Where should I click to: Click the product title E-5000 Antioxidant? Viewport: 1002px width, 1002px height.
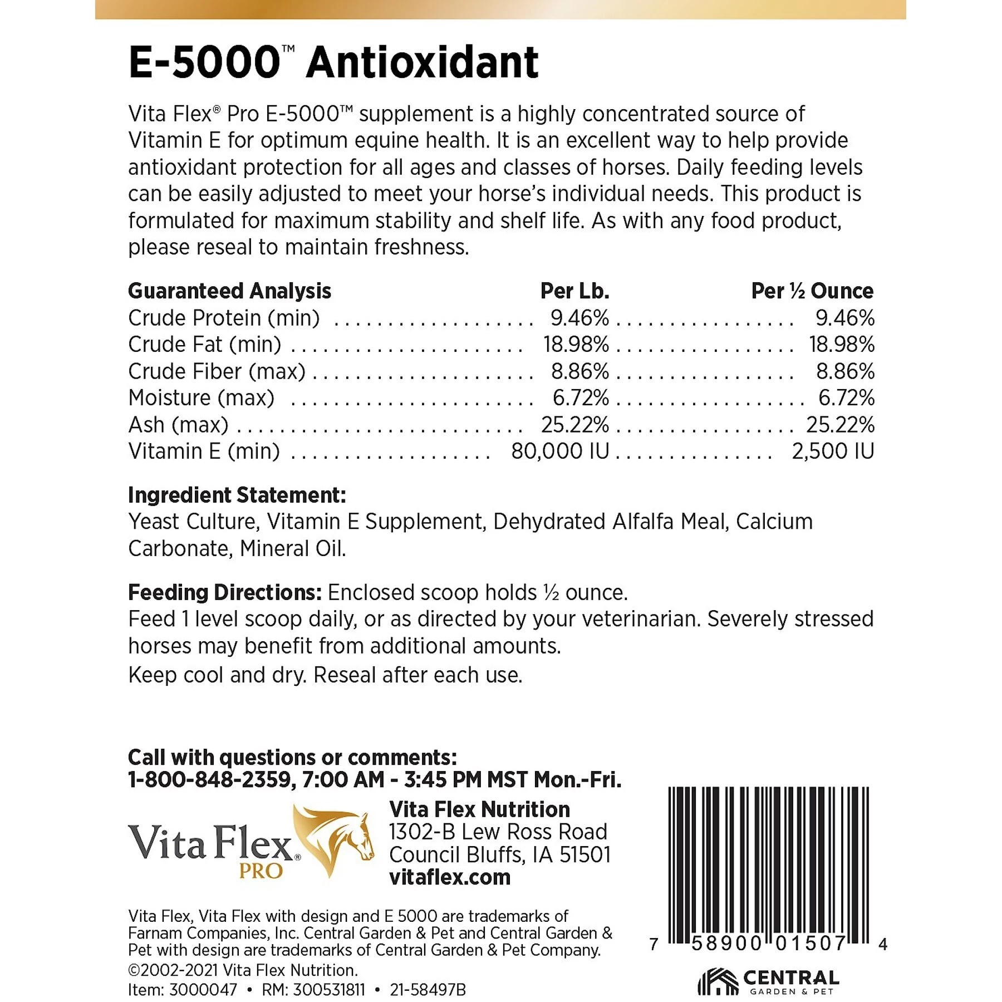pos(333,62)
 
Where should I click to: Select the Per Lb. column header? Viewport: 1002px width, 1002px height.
pos(574,291)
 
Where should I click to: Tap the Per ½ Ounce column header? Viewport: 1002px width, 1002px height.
pos(812,291)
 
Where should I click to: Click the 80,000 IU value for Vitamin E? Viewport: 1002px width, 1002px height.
pos(560,451)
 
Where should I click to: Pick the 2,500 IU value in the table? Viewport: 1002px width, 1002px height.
pos(833,451)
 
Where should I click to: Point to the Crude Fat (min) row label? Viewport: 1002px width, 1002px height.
pos(204,345)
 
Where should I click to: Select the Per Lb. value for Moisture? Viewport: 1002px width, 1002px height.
pos(580,397)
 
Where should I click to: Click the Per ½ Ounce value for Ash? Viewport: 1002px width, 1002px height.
pos(840,425)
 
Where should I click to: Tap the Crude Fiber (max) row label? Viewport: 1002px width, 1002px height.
pos(217,371)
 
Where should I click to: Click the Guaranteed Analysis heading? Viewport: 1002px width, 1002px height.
pos(229,291)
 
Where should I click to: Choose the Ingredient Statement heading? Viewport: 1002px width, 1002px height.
pos(237,495)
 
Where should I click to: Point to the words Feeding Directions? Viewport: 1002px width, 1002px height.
pos(224,592)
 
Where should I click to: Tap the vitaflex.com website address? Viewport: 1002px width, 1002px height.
pos(450,877)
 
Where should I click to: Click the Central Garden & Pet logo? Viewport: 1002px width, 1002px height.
pos(768,981)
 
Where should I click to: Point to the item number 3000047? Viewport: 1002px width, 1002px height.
pos(203,990)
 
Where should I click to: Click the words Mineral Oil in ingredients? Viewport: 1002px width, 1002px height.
pos(293,549)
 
